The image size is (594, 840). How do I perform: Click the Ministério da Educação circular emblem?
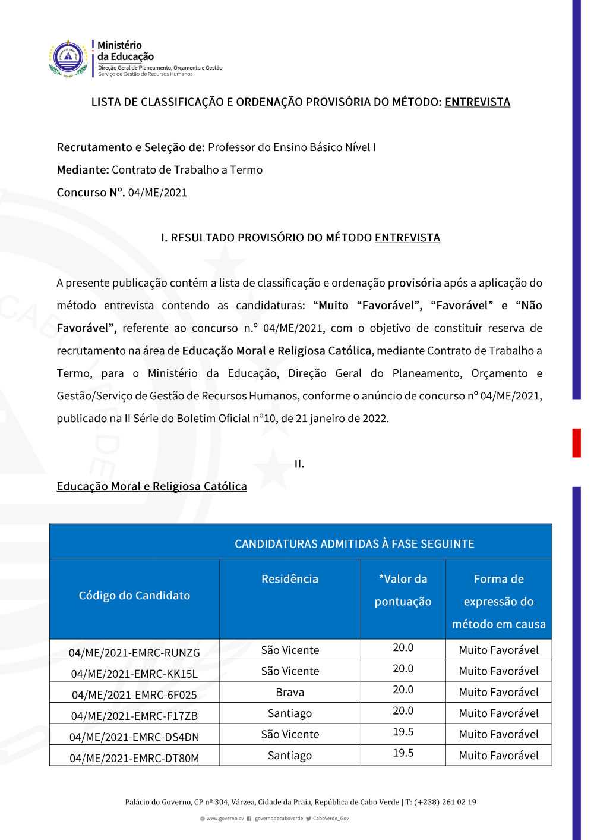68,58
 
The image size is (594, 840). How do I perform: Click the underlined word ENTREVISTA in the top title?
477,102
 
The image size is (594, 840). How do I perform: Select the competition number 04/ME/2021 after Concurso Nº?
157,193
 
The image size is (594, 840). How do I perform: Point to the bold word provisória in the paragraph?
414,283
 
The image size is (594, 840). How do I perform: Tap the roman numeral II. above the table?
299,464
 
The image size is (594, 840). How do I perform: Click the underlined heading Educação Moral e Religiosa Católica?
151,486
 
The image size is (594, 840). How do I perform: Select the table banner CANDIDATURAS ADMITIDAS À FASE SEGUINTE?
354,544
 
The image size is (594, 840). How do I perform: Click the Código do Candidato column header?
134,596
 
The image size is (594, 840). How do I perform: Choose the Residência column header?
290,579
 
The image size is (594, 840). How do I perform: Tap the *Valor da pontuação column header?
403,590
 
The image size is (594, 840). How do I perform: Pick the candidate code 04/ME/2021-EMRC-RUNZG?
134,653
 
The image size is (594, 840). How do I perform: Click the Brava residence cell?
290,693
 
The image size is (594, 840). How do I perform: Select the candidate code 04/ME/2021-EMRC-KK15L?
134,674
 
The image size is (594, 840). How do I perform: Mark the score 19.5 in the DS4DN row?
403,732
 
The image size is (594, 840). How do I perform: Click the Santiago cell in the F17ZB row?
290,713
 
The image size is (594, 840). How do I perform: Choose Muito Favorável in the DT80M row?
498,756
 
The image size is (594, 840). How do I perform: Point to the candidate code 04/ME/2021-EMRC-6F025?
134,695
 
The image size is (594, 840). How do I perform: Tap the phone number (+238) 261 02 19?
445,802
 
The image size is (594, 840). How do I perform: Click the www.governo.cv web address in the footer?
225,819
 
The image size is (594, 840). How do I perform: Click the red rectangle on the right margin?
576,442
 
